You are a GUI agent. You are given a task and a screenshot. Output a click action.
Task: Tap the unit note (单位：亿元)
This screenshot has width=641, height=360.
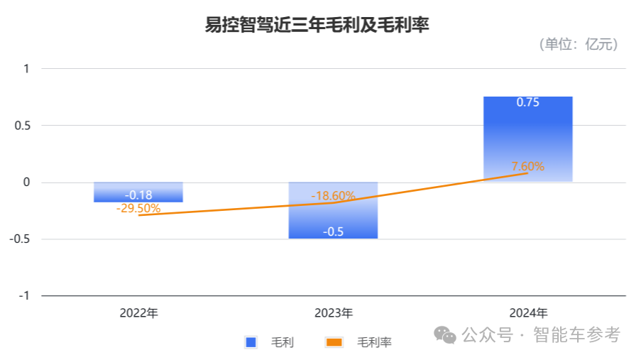(x=578, y=45)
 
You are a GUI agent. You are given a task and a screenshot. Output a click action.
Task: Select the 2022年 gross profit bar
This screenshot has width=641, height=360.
(x=138, y=192)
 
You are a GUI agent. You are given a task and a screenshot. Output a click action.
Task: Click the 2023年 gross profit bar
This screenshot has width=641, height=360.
(x=333, y=217)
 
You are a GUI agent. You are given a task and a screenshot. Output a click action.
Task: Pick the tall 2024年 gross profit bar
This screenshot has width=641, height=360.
(x=527, y=138)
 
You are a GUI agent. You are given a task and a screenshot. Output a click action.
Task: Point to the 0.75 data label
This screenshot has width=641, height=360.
(x=527, y=102)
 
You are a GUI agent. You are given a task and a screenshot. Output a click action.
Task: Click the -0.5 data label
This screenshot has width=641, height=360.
(x=333, y=231)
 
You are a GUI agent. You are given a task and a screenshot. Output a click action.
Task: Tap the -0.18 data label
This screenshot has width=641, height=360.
(x=138, y=195)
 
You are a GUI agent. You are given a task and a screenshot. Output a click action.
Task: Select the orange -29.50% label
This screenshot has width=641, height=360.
(x=138, y=209)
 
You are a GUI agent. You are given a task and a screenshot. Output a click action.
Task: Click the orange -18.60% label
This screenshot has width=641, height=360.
(x=333, y=196)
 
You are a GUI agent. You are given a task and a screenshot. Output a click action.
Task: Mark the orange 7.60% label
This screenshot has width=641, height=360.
(x=527, y=167)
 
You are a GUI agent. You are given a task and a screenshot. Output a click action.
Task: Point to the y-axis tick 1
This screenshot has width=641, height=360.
(x=26, y=69)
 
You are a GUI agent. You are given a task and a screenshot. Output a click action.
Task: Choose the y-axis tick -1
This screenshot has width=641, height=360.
(x=24, y=296)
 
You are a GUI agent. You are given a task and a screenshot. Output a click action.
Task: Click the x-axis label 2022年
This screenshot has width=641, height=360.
(x=138, y=313)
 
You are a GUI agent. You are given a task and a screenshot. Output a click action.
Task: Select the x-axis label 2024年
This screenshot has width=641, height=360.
(x=527, y=313)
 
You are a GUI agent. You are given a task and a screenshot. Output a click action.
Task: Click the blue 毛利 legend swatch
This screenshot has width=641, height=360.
(x=251, y=342)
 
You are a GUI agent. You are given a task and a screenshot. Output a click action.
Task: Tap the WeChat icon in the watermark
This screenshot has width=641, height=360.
(x=446, y=334)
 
